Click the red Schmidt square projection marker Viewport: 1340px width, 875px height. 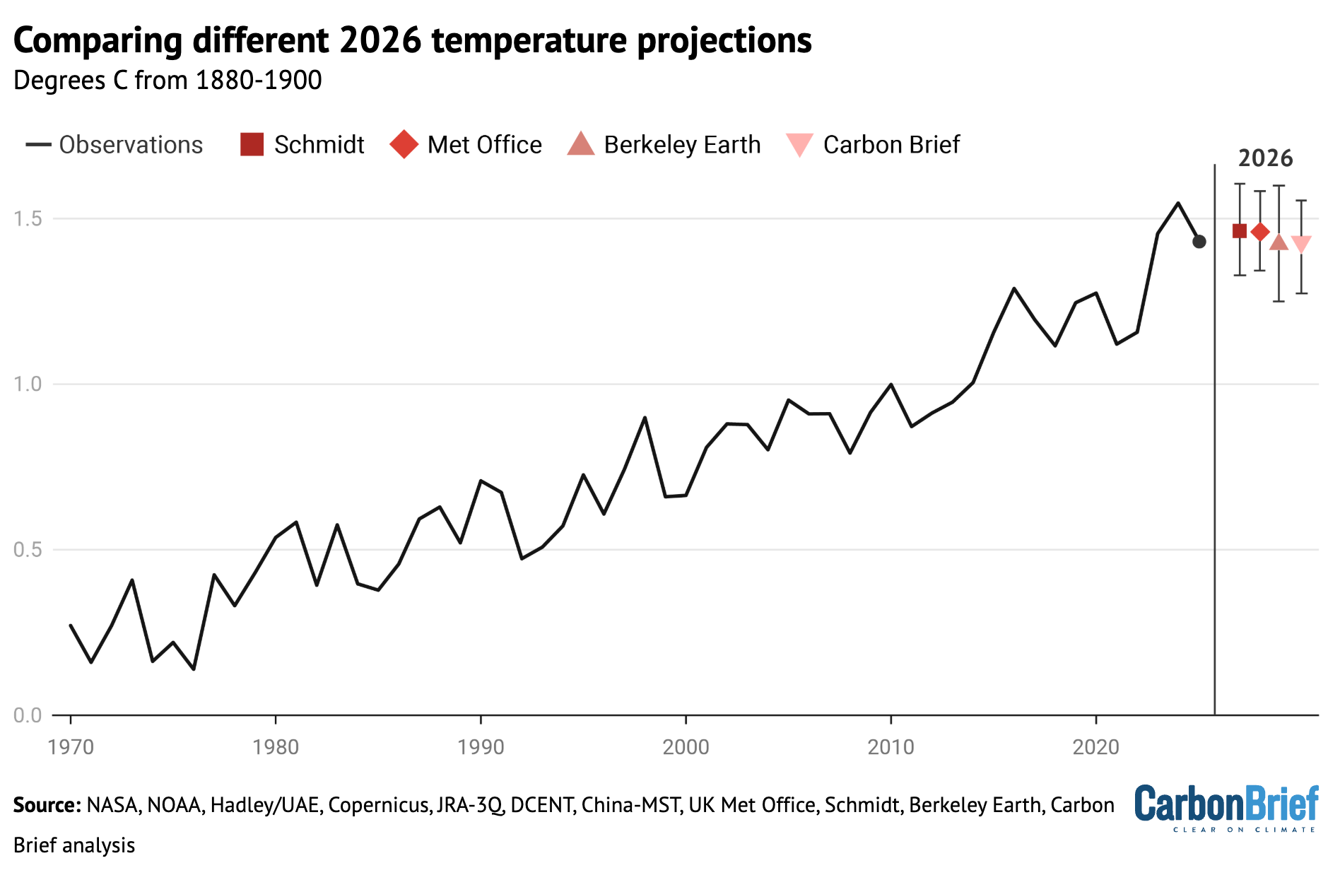click(1239, 231)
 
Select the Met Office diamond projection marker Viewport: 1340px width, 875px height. click(1259, 232)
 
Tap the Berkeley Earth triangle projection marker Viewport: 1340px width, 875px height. click(1279, 242)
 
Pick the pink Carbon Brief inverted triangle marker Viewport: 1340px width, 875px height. click(1301, 243)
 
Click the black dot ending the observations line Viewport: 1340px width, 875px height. click(1199, 242)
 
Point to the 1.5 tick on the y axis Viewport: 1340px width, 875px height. click(28, 218)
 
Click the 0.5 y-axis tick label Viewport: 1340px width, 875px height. click(28, 549)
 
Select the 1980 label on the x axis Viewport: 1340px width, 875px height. click(276, 747)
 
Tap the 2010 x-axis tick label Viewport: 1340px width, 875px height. click(891, 747)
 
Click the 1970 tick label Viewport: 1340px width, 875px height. click(71, 747)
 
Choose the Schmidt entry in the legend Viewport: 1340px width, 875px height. click(302, 144)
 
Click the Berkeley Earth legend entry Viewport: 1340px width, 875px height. click(664, 144)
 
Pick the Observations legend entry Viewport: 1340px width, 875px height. click(114, 144)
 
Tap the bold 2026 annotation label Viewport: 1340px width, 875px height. click(1265, 158)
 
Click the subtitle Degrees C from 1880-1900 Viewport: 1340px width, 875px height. click(167, 81)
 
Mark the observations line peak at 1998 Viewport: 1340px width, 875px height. click(645, 418)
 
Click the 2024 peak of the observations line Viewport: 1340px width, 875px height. click(1178, 204)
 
